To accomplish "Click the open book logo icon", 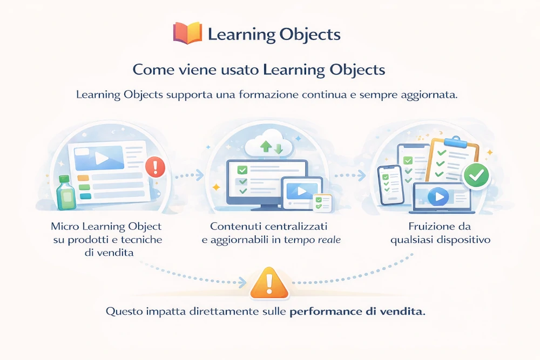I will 187,33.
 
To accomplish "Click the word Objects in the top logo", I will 310,35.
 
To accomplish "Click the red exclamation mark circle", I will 155,166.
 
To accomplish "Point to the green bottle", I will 66,193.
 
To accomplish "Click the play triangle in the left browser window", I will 101,158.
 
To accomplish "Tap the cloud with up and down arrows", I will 268,145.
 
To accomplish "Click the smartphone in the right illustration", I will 389,184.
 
